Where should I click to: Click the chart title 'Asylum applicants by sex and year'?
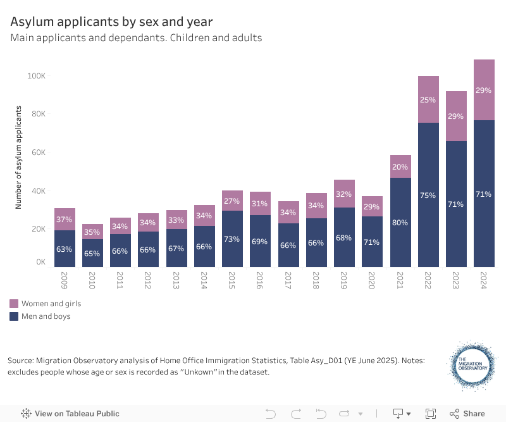(111, 22)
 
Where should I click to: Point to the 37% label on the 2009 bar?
(65, 220)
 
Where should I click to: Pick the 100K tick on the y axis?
(36, 76)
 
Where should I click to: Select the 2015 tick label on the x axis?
(233, 280)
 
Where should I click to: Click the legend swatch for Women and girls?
(14, 304)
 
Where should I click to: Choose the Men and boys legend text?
(46, 316)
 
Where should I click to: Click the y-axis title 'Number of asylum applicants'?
(19, 158)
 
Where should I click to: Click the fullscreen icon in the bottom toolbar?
(431, 414)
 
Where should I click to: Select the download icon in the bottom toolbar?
(398, 414)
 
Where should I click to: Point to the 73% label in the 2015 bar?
(233, 239)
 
